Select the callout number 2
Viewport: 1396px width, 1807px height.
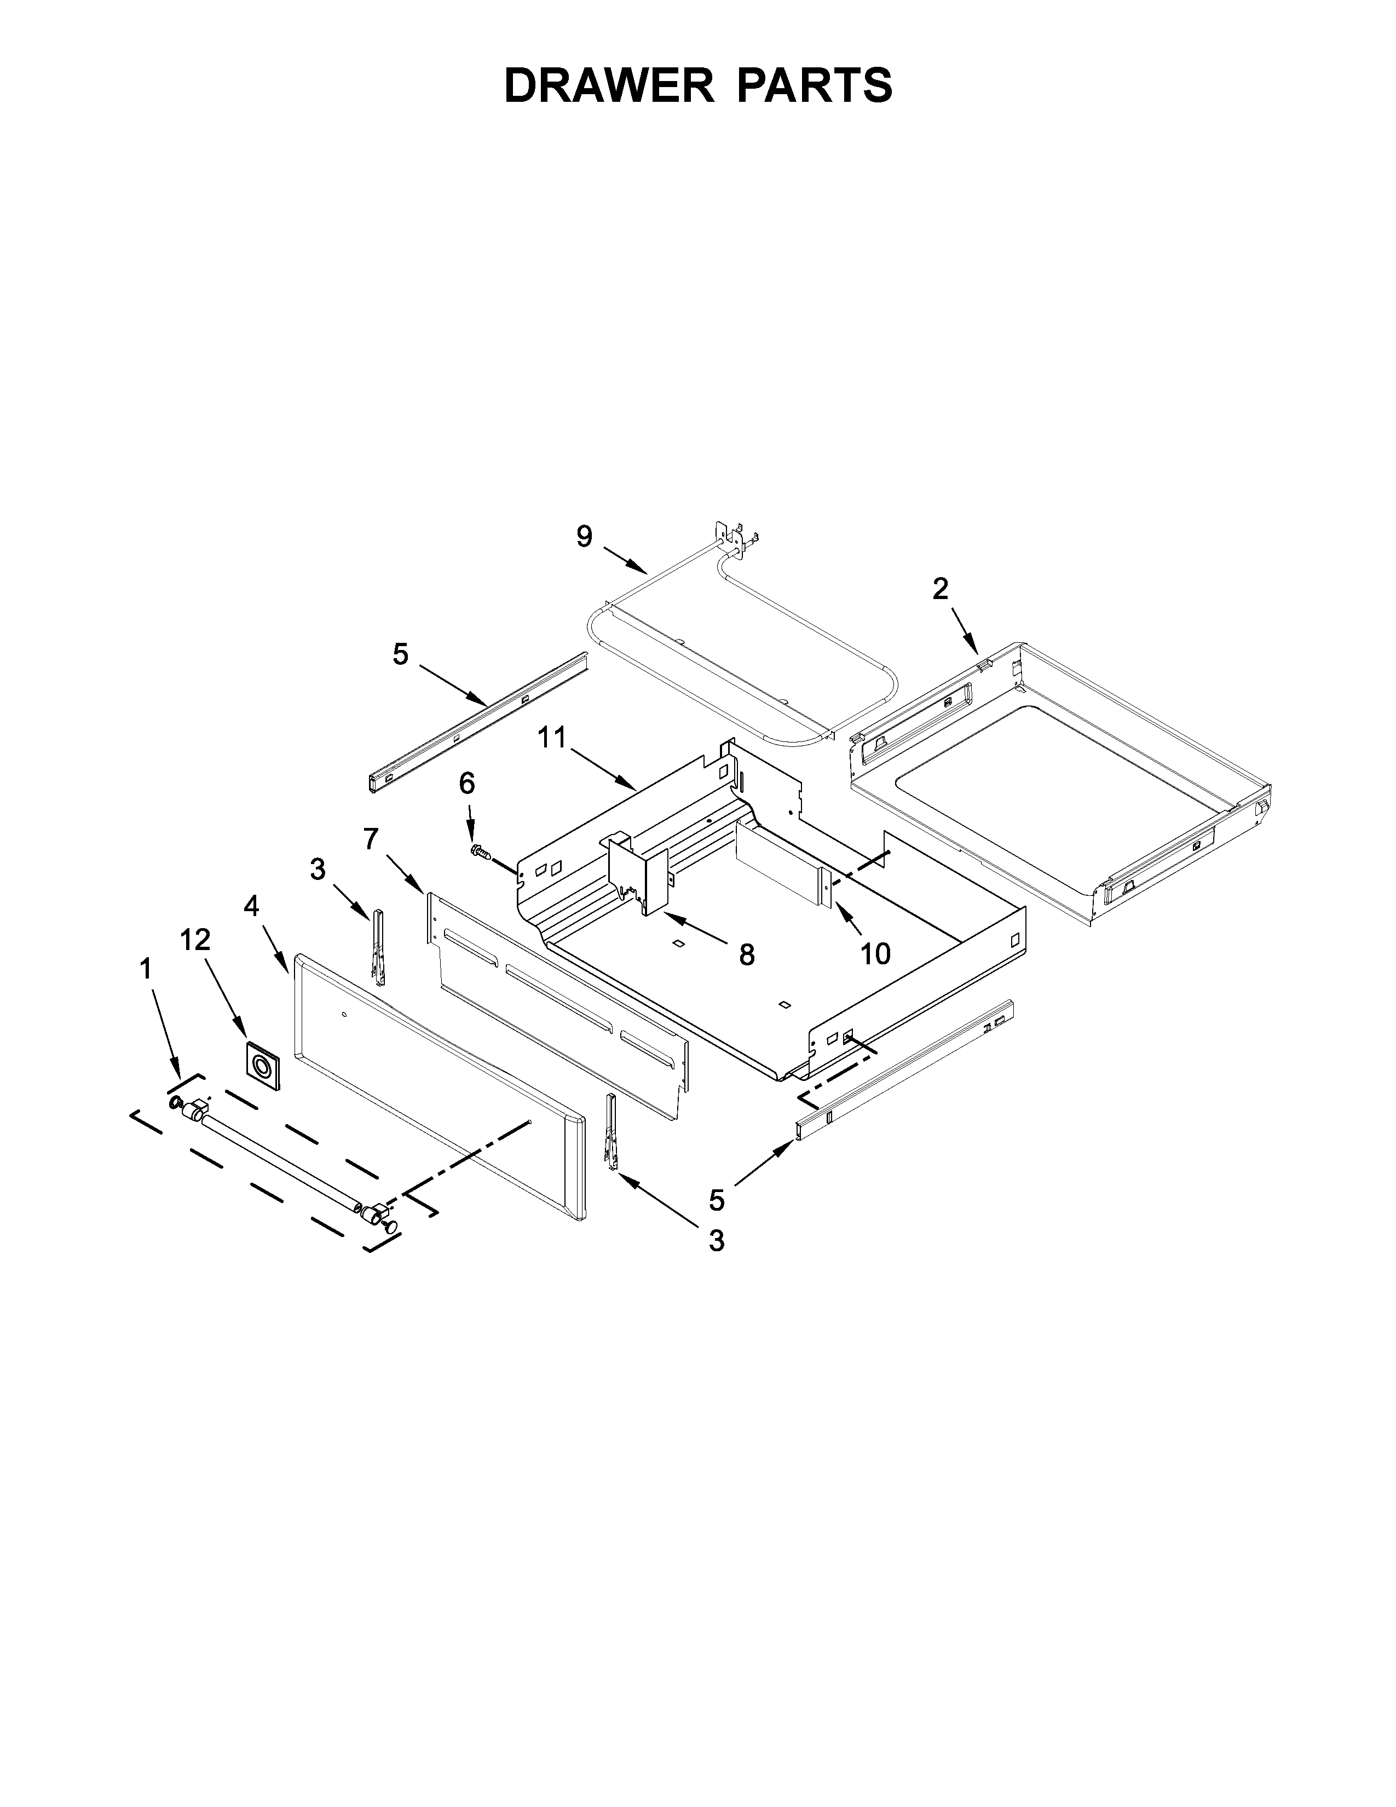coord(941,589)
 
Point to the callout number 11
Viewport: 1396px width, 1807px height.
coord(552,737)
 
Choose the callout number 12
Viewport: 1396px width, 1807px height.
coord(196,939)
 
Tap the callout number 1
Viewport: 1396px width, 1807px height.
coord(146,969)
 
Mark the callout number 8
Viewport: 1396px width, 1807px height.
coord(747,956)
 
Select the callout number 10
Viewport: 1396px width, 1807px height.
coord(875,954)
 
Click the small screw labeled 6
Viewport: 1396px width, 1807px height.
coord(480,852)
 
